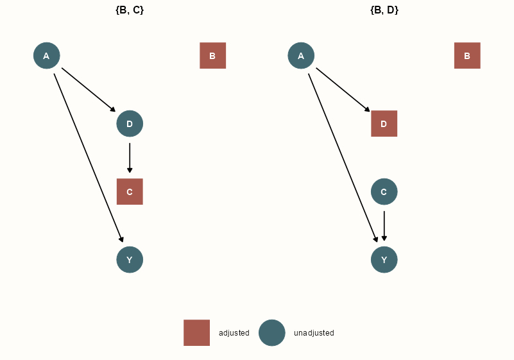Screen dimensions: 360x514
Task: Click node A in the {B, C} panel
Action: [46, 56]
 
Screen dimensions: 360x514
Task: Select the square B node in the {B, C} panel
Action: [212, 56]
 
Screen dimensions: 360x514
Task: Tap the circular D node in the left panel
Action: [130, 124]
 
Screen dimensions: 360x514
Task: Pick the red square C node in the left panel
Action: [130, 192]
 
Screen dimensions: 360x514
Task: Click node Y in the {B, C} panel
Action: [130, 260]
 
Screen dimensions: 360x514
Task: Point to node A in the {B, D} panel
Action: [301, 56]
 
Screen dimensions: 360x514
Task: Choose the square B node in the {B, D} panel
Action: [467, 56]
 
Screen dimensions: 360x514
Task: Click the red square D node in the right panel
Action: [384, 124]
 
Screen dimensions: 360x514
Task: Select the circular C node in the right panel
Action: [384, 192]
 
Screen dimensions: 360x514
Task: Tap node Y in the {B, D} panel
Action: [384, 260]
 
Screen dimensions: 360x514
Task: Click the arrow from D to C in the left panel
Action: [130, 158]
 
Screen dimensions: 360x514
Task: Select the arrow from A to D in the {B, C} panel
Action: [89, 90]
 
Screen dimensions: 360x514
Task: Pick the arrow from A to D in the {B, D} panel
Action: [343, 90]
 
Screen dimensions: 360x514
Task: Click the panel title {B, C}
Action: [130, 10]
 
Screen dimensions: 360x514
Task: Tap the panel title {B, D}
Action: [384, 10]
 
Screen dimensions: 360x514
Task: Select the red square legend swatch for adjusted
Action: [196, 333]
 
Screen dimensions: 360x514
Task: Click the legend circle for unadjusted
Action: [272, 333]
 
